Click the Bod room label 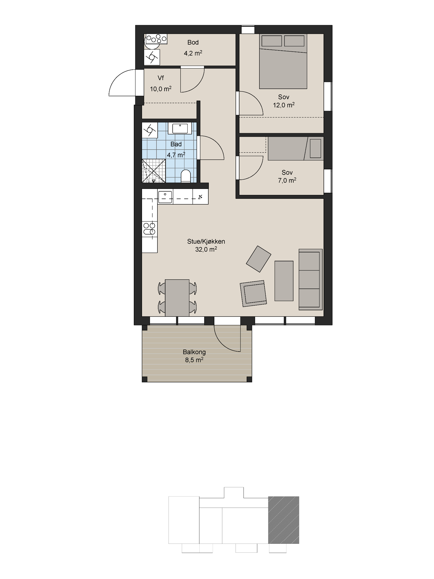pyautogui.click(x=193, y=42)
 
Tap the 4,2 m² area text pyautogui.click(x=193, y=53)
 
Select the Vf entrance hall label pyautogui.click(x=161, y=78)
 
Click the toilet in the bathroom pyautogui.click(x=186, y=176)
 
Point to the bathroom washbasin pyautogui.click(x=180, y=128)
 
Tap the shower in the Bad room pyautogui.click(x=154, y=171)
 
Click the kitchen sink pyautogui.click(x=165, y=197)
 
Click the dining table pyautogui.click(x=177, y=298)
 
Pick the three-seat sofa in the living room pyautogui.click(x=311, y=280)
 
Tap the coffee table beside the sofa pyautogui.click(x=284, y=281)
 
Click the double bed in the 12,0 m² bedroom pyautogui.click(x=283, y=61)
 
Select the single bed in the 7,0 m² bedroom pyautogui.click(x=296, y=148)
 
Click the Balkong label pyautogui.click(x=194, y=352)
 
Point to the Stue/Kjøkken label pyautogui.click(x=206, y=241)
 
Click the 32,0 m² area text pyautogui.click(x=206, y=249)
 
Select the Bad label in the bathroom pyautogui.click(x=176, y=144)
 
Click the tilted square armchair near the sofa pyautogui.click(x=258, y=259)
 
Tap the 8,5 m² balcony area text pyautogui.click(x=194, y=360)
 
